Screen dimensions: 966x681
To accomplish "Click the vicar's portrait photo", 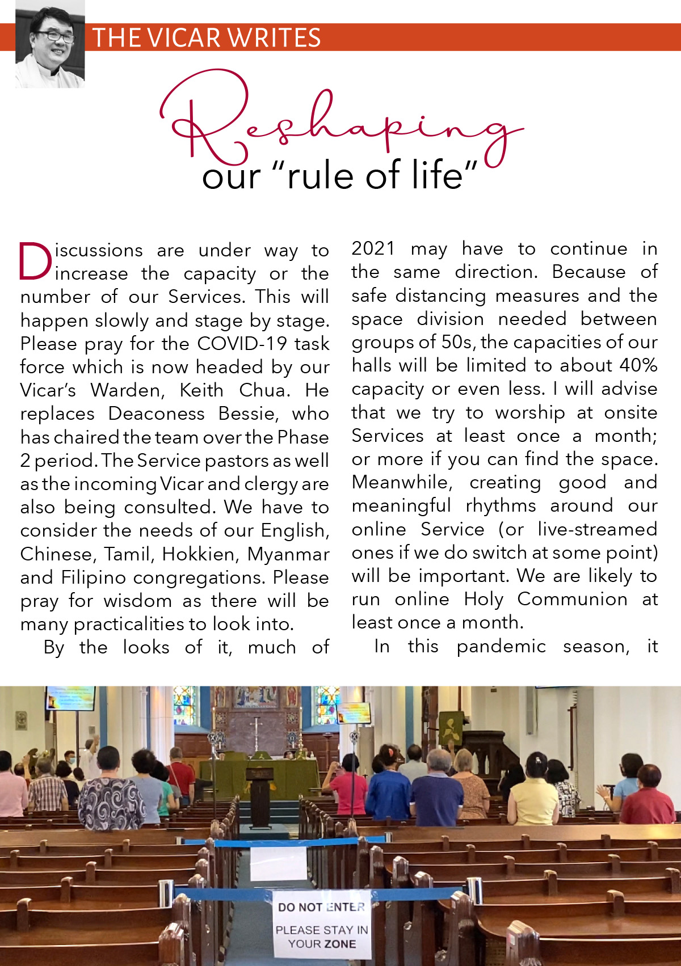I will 50,44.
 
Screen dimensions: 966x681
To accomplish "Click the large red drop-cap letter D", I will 35,261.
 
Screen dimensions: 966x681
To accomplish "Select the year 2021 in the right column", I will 373,248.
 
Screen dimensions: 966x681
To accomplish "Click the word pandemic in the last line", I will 501,646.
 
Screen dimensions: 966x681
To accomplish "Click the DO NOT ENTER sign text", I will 321,907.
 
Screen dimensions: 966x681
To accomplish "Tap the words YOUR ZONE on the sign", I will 322,944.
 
